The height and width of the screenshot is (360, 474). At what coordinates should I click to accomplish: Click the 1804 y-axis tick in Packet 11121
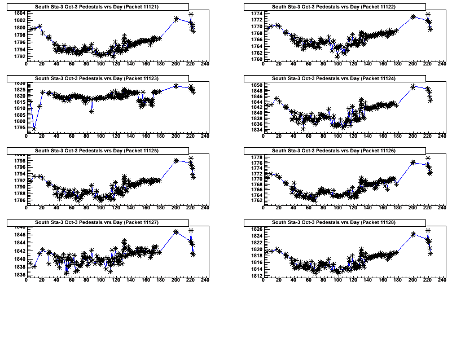click(19, 13)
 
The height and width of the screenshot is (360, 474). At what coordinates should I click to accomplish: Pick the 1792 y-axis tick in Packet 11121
click(19, 56)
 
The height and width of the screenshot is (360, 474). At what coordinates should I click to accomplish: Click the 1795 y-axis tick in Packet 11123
click(19, 128)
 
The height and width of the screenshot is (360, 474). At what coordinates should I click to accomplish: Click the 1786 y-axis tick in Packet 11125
click(19, 200)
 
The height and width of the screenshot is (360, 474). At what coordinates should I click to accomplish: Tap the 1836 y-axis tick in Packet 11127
click(19, 275)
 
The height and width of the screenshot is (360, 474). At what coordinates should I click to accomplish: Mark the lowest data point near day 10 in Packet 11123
click(34, 129)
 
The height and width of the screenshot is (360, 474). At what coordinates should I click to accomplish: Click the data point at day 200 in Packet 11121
click(176, 19)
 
